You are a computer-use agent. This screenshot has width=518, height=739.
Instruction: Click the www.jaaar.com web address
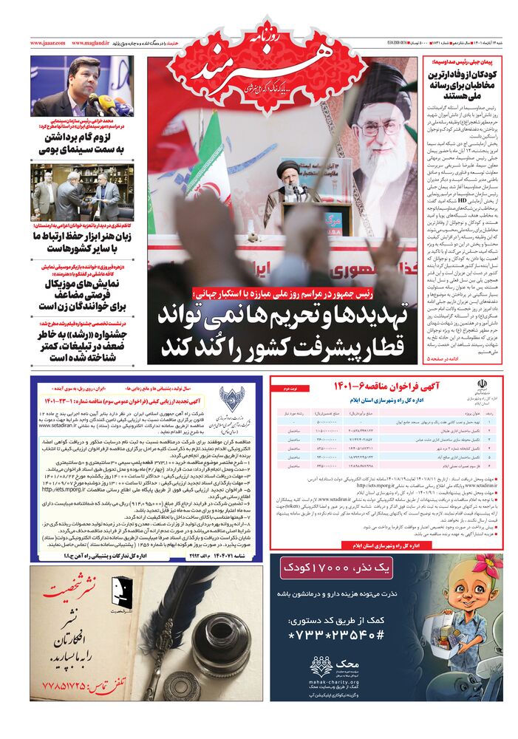click(48, 44)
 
